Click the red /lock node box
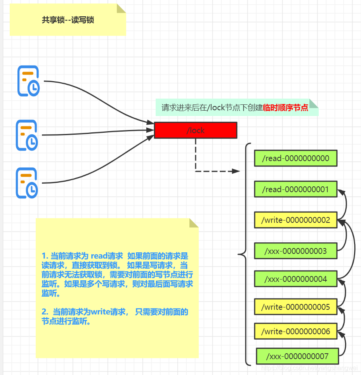coord(195,130)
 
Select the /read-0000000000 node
coord(296,158)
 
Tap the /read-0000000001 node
coord(296,189)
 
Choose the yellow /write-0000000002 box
coord(296,220)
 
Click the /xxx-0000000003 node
coord(296,251)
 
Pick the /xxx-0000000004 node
coord(296,279)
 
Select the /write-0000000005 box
coord(296,307)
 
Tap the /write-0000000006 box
coord(296,332)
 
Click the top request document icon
coord(28,81)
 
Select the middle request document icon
coord(27,135)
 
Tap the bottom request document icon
coord(27,183)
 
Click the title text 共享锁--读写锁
coord(68,20)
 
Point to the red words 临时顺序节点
coord(286,108)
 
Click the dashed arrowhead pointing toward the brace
coord(236,171)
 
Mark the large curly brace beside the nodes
coord(244,255)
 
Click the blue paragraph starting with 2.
coord(115,316)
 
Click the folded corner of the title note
coord(121,9)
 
